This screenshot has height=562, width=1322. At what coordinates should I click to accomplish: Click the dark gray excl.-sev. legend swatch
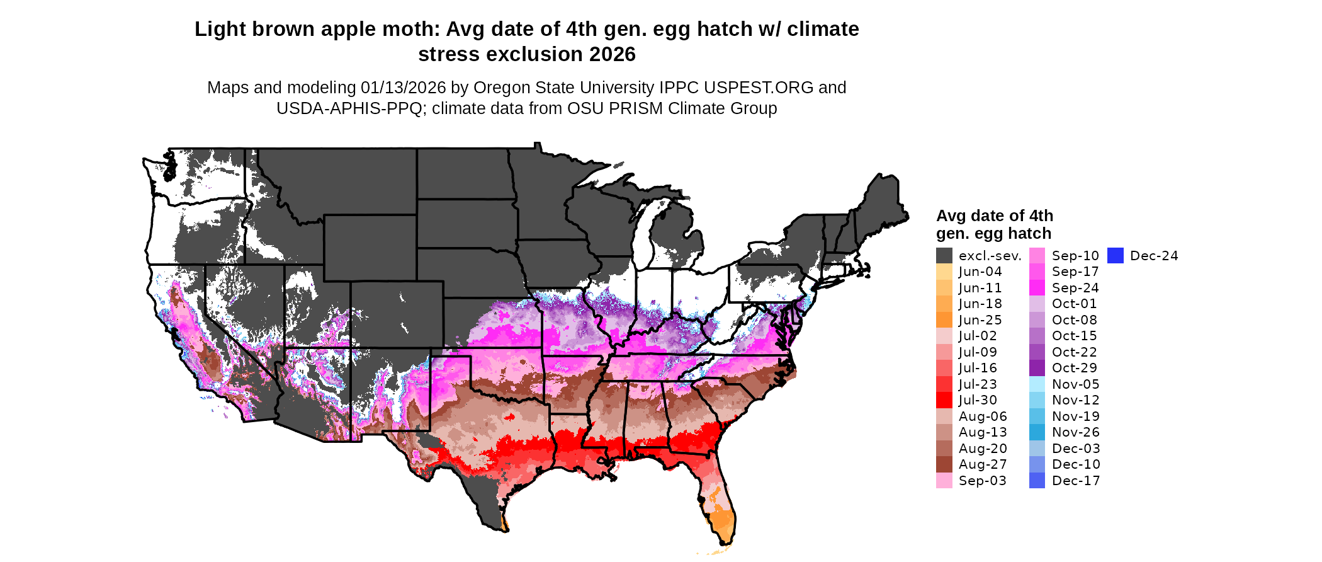(x=944, y=256)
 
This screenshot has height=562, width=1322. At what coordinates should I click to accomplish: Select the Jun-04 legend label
(x=980, y=272)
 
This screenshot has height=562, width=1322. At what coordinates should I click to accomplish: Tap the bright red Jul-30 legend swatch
(x=944, y=400)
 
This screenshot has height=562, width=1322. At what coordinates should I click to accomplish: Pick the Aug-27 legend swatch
(x=944, y=464)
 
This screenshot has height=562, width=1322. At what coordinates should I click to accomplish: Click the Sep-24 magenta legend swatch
(x=1037, y=288)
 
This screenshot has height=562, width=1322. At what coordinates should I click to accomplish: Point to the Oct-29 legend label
(x=1074, y=368)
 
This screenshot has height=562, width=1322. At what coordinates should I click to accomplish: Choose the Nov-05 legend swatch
(x=1037, y=384)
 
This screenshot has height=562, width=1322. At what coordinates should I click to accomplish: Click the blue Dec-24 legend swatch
(x=1115, y=256)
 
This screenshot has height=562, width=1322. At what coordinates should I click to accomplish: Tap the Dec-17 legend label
(x=1076, y=481)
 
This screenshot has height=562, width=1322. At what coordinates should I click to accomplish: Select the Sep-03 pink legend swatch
(x=944, y=481)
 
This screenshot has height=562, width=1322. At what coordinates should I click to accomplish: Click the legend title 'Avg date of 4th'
(x=994, y=216)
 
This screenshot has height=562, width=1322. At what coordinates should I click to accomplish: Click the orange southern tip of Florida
(x=724, y=523)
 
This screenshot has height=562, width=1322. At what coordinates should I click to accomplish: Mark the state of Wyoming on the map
(x=370, y=247)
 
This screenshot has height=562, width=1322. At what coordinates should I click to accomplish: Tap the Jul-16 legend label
(x=978, y=368)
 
